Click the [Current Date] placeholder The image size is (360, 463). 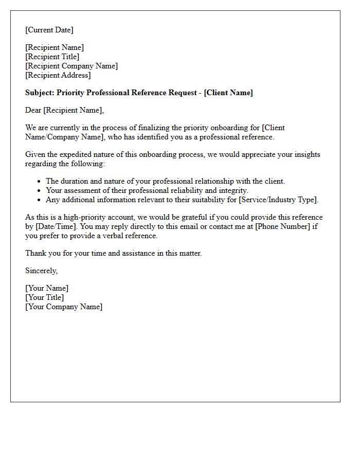pos(49,30)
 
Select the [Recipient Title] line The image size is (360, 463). pos(52,57)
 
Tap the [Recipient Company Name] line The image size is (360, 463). pos(71,66)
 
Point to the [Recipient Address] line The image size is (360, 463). pos(58,75)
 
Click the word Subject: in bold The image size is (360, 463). pos(40,93)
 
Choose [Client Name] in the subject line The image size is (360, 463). pos(228,93)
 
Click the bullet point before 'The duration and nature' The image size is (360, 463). pos(39,181)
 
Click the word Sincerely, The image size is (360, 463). pos(42,271)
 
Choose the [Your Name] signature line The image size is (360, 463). pos(47,288)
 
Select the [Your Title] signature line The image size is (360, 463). pos(45,297)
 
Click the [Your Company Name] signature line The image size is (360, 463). pos(64,307)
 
